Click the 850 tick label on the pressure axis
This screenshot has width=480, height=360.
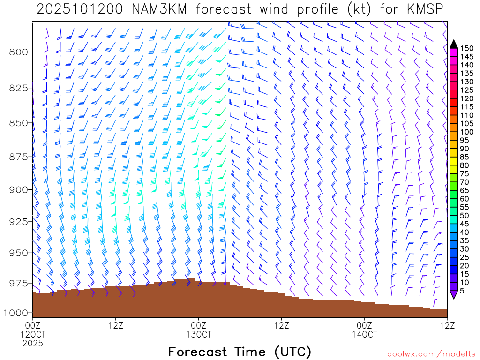click(x=18, y=123)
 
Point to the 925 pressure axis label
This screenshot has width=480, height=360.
click(x=18, y=221)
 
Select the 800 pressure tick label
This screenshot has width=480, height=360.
click(x=18, y=52)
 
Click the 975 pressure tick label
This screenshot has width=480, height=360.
click(x=18, y=283)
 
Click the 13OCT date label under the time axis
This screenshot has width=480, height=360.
click(x=199, y=334)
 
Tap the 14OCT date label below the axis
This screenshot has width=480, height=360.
click(x=364, y=334)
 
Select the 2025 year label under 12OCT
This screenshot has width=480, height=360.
click(x=33, y=344)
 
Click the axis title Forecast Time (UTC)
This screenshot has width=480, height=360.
click(x=240, y=352)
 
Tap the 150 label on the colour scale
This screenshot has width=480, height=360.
click(x=466, y=48)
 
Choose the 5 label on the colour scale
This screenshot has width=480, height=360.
click(x=463, y=291)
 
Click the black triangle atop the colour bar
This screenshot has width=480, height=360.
click(x=453, y=44)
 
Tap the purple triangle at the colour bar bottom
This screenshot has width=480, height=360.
click(x=453, y=295)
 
